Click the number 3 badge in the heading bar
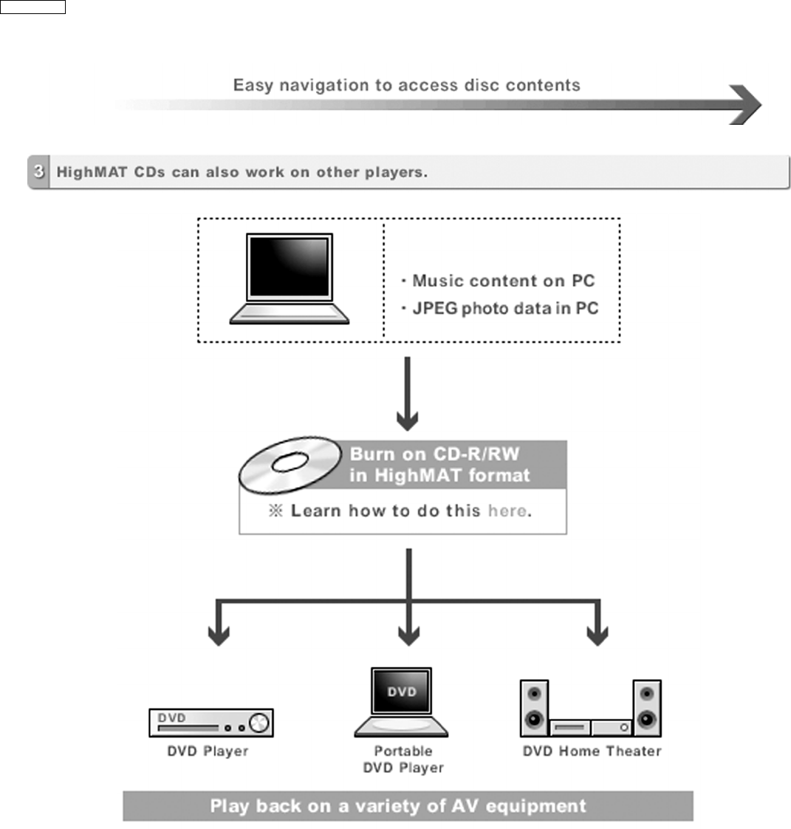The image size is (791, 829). tap(38, 172)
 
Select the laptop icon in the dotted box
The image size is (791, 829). tap(289, 279)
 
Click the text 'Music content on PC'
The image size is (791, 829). tap(503, 281)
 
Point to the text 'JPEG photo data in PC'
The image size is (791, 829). tap(504, 308)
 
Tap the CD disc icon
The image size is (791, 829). tap(290, 463)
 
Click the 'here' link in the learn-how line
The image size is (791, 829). tap(507, 511)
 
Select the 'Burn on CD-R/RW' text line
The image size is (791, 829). tap(434, 454)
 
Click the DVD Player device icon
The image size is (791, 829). tap(210, 723)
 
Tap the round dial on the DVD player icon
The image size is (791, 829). tap(259, 722)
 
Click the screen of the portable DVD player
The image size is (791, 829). tap(402, 692)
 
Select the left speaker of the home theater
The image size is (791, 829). tap(534, 708)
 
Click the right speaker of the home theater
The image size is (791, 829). tap(647, 708)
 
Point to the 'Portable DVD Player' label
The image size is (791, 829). tap(403, 759)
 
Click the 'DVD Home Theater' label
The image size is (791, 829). tap(592, 751)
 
